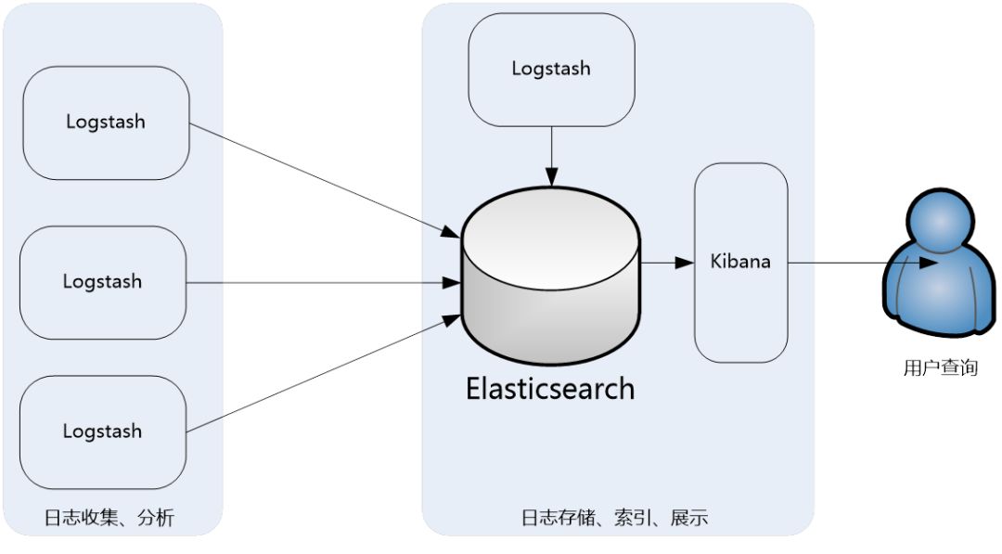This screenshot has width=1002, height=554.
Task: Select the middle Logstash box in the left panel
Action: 103,282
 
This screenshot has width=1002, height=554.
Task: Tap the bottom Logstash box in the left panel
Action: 103,432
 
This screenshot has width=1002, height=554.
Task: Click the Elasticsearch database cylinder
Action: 551,278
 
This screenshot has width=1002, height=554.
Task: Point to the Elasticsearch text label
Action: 550,388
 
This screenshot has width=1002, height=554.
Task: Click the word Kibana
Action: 740,262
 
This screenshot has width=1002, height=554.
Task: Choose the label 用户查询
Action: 940,368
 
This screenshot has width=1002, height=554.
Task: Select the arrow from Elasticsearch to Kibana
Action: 667,263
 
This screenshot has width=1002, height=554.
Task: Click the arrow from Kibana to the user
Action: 854,263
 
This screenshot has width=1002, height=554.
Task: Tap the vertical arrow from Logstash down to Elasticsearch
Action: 552,154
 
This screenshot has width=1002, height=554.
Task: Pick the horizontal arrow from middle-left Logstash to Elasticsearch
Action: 325,282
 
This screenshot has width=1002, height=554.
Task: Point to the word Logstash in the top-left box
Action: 106,122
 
